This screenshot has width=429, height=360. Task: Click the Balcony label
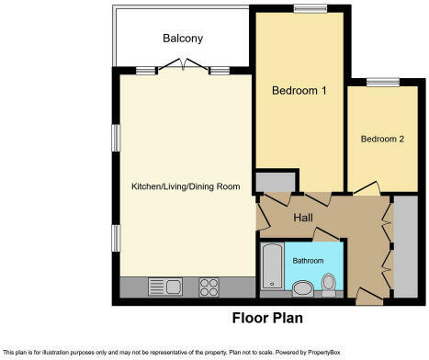click(183, 39)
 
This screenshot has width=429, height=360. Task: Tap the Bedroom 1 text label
click(295, 91)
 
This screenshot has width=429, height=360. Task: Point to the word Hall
click(305, 219)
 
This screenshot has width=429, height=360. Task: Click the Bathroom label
click(308, 261)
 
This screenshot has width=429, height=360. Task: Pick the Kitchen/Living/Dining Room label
click(186, 186)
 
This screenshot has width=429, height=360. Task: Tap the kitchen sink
click(166, 286)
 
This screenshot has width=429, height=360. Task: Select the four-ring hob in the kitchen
click(208, 286)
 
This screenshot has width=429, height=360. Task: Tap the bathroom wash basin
click(299, 288)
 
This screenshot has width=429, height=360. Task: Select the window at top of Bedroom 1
click(304, 9)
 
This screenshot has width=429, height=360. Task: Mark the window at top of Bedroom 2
click(381, 83)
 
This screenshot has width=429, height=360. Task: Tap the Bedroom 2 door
click(365, 188)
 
